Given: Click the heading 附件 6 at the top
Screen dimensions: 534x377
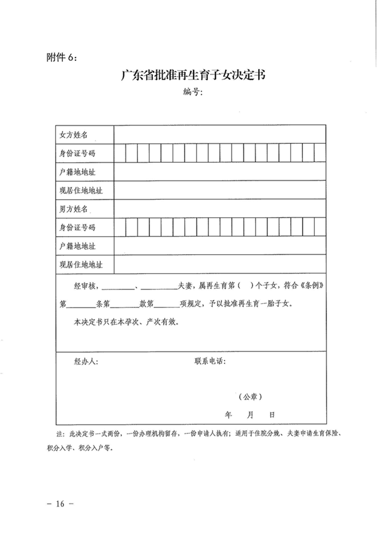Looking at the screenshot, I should tap(61, 57).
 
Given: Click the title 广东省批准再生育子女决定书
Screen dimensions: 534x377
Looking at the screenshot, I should tap(194, 76).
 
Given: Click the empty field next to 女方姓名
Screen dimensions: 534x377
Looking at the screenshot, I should tap(219, 134).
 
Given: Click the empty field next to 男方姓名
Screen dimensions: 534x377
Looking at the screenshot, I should tap(219, 209).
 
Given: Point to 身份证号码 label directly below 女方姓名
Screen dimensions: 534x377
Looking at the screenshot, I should tap(77, 153).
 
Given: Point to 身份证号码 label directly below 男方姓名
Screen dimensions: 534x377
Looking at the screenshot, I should tap(77, 227).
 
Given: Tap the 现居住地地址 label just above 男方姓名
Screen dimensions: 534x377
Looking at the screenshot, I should tap(81, 190).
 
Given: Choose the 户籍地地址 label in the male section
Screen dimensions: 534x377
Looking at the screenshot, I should tap(77, 246).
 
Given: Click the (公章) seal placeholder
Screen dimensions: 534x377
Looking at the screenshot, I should tap(250, 397).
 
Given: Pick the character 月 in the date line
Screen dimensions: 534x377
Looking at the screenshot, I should tap(251, 414).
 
